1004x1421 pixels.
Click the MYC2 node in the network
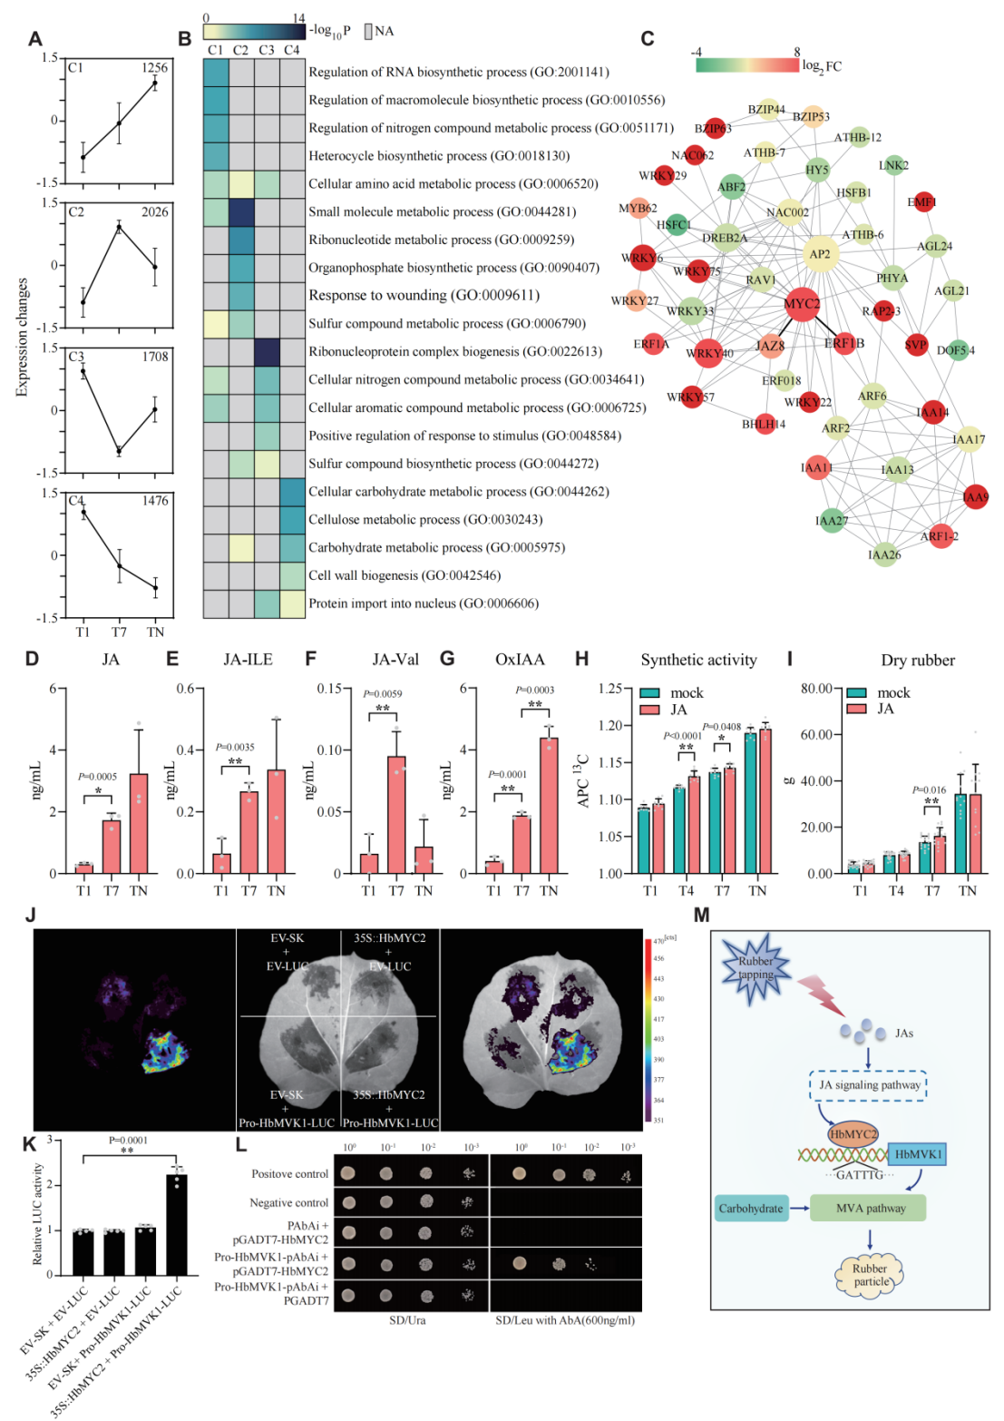coord(801,304)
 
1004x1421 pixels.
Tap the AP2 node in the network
coord(820,254)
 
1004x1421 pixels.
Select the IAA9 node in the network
coord(976,496)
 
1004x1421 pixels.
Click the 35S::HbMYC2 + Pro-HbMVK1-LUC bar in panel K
coord(177,1225)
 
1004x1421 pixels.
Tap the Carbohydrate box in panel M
coord(751,1208)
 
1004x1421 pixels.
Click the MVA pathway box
coord(869,1208)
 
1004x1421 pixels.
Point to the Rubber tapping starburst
coord(755,967)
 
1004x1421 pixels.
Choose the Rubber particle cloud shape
coord(870,1275)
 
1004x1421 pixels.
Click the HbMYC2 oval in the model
coord(853,1133)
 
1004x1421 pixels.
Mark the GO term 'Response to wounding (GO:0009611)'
coord(424,296)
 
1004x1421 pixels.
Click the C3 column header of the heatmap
coord(267,50)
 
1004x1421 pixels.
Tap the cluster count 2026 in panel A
coord(154,211)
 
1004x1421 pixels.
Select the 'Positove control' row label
coord(289,1173)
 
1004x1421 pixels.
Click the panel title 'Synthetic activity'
coord(698,660)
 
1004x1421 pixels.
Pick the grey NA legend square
coord(368,31)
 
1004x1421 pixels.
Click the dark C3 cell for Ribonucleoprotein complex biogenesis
coord(267,351)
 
